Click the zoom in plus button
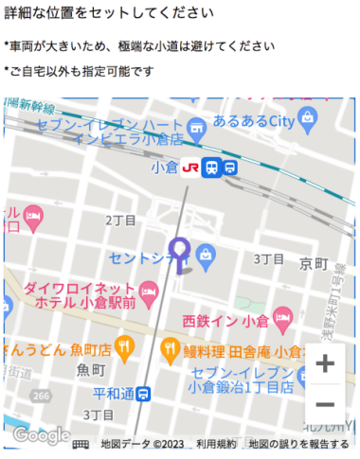point(325,363)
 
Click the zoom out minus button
point(325,404)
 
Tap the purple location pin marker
point(179,252)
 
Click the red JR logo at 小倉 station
point(189,168)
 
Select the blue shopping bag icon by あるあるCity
point(309,116)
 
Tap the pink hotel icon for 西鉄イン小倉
point(281,316)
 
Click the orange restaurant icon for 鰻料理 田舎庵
point(171,348)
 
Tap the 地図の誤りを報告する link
point(299,444)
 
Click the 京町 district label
point(312,261)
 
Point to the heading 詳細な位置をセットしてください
point(108,14)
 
